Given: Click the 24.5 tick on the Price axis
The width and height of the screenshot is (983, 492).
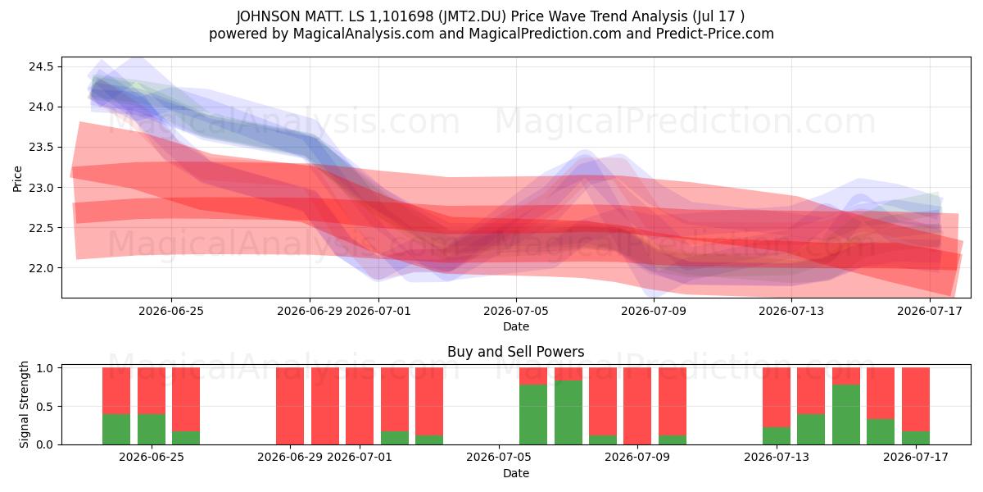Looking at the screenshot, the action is [41, 66].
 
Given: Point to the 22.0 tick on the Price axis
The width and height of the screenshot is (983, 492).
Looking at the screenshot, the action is [41, 268].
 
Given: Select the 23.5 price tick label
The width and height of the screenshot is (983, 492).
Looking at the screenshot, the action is [41, 147].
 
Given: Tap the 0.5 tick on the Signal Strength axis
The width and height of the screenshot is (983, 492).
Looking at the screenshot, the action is [44, 407].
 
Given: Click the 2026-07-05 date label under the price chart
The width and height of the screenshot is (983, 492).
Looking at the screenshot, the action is [515, 311].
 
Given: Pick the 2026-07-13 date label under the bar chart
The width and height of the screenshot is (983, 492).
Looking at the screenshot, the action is [777, 457].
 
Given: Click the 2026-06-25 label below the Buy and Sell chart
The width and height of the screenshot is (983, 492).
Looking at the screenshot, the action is [152, 457].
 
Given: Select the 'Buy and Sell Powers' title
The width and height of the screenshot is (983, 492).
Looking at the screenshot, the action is [515, 352].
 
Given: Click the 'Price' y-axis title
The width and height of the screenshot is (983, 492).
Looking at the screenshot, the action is [17, 179].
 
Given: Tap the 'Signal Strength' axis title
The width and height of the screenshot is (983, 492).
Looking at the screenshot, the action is [24, 404].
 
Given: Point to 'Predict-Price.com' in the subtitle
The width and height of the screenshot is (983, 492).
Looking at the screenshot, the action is [715, 34].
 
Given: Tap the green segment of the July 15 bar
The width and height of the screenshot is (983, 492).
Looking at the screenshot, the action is [846, 415].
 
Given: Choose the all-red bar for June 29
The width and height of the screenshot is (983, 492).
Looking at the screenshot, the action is [290, 406].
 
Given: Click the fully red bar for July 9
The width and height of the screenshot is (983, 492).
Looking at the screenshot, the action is [637, 406].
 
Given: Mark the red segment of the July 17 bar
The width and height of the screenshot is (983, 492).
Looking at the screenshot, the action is [916, 399].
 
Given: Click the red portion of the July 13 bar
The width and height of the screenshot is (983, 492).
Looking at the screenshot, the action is [777, 397].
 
